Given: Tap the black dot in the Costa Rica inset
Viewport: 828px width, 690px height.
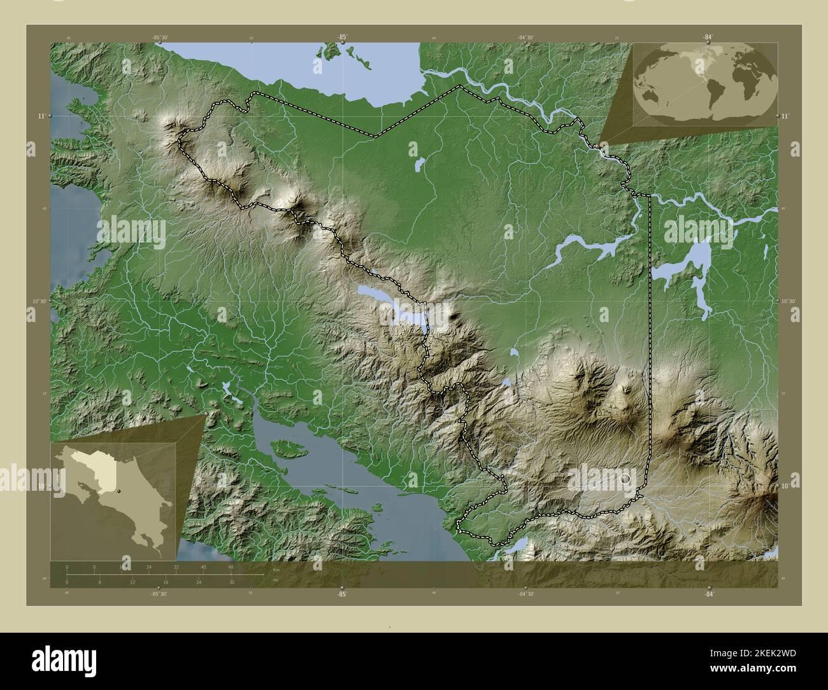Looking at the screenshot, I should point(118,491).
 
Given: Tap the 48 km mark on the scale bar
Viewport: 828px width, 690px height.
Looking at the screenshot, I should point(231,567).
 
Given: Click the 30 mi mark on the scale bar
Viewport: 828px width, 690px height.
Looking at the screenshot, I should point(232,582).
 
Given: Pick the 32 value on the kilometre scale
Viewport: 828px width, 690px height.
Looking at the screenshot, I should point(176,567).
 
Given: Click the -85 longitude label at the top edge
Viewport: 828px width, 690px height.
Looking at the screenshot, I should point(342,38).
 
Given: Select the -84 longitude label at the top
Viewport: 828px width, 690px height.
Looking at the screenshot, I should point(708,38).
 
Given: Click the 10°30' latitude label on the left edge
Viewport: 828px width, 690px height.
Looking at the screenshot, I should point(39,301).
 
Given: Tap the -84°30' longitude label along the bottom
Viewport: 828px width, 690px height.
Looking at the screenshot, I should point(525,594).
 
